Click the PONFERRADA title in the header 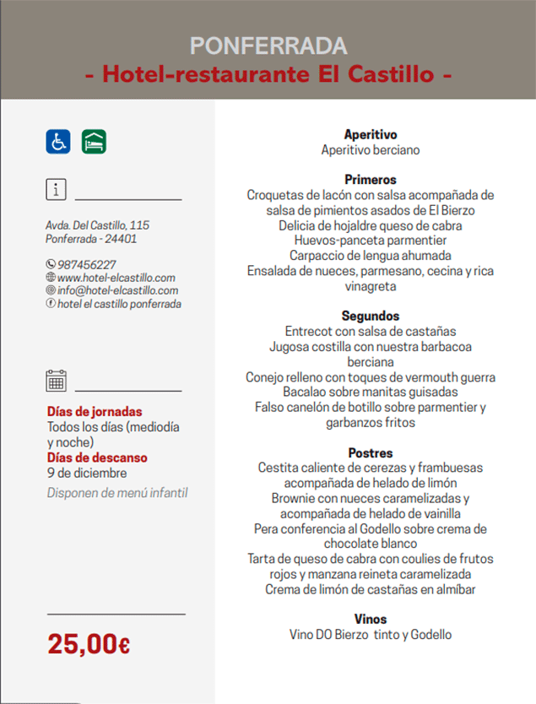pos(268,46)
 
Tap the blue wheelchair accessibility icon pos(58,142)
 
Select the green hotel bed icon pos(94,142)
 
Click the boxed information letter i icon pos(57,189)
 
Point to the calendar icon pos(57,381)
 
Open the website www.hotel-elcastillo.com pos(116,278)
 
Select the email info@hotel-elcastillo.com pos(117,290)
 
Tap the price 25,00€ pos(89,644)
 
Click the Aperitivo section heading pos(371,134)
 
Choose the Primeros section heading pos(371,179)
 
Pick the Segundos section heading pos(371,316)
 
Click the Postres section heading pos(371,452)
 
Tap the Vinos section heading pos(371,619)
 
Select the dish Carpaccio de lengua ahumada pos(371,255)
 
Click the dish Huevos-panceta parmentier pos(371,241)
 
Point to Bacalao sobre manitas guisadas pos(371,392)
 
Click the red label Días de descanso pos(97,458)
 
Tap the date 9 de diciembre pos(87,473)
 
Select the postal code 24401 pos(121,239)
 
